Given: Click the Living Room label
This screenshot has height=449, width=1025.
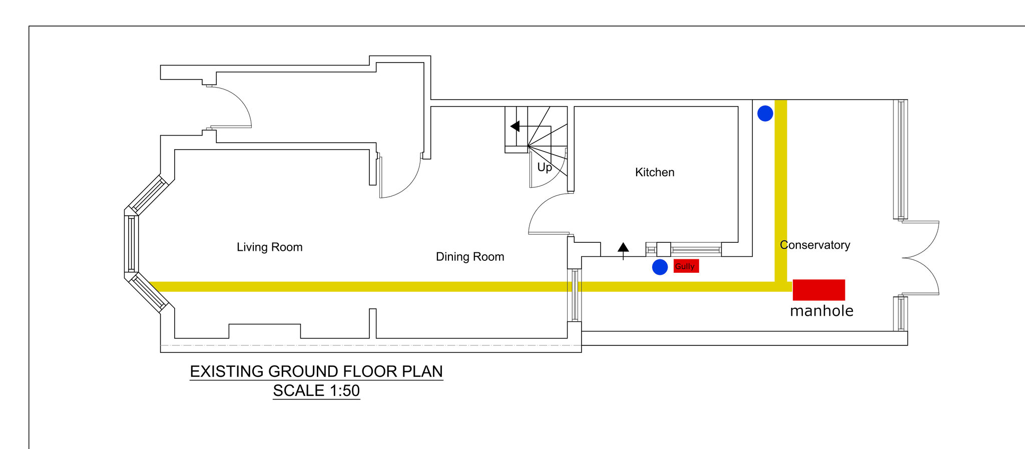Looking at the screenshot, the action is tap(269, 247).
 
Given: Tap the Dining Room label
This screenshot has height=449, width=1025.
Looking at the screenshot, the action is tap(470, 257).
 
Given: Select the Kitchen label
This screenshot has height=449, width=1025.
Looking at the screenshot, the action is tap(655, 172).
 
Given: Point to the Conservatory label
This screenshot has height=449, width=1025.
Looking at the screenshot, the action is tap(815, 245).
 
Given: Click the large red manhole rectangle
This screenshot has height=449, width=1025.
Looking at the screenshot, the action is tap(819, 290).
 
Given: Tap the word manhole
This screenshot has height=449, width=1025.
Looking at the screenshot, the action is tap(822, 311).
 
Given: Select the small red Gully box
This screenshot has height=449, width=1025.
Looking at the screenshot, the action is tap(686, 266).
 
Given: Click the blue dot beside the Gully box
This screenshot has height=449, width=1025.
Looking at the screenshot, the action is tap(660, 267).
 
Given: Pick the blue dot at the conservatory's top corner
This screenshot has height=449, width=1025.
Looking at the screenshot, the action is tap(765, 114).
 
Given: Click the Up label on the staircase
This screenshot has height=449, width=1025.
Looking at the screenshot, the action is tap(545, 167).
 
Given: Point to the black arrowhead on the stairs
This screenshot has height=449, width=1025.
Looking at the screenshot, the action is tap(515, 126).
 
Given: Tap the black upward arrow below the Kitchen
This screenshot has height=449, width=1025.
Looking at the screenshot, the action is tap(623, 251).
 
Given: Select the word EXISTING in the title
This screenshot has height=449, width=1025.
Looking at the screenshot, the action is tap(227, 371).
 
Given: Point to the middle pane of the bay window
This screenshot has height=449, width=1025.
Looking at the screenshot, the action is tap(131, 244).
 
